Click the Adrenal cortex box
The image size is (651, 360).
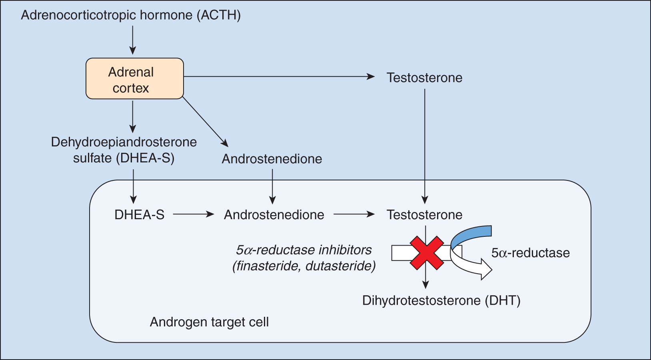134,79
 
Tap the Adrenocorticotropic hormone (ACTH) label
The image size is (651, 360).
131,15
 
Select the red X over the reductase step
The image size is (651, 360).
427,253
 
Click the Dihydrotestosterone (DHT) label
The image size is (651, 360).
441,300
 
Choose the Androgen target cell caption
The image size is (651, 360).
209,322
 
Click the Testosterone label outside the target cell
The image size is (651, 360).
424,78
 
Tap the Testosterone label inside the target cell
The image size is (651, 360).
424,215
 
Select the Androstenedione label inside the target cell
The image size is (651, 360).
274,215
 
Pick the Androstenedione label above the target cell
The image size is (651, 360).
272,159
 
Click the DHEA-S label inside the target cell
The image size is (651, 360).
139,215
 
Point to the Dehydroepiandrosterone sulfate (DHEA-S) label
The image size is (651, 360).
124,150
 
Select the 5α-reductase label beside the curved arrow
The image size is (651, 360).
530,253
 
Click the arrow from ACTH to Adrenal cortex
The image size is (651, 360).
133,40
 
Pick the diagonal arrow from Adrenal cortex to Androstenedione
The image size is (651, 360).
205,122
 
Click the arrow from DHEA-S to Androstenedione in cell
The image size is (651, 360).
194,214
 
